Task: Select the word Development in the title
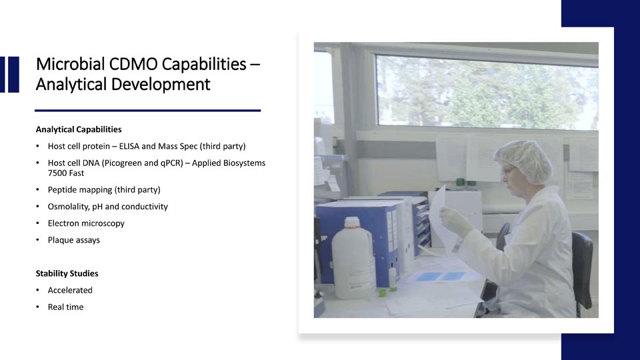coord(161,85)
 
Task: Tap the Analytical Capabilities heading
coord(79,129)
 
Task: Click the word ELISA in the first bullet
coord(129,146)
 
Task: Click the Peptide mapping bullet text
coord(104,190)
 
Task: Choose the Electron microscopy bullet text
coord(86,223)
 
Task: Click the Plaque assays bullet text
coord(74,240)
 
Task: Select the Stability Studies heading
coord(67,273)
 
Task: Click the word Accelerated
coord(70,290)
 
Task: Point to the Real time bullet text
coord(66,307)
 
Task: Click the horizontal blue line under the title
coord(148,110)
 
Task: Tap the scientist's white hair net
coord(524,160)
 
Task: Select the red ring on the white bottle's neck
coord(352,227)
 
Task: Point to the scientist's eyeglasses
coord(507,170)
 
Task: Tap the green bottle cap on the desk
coord(383,292)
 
